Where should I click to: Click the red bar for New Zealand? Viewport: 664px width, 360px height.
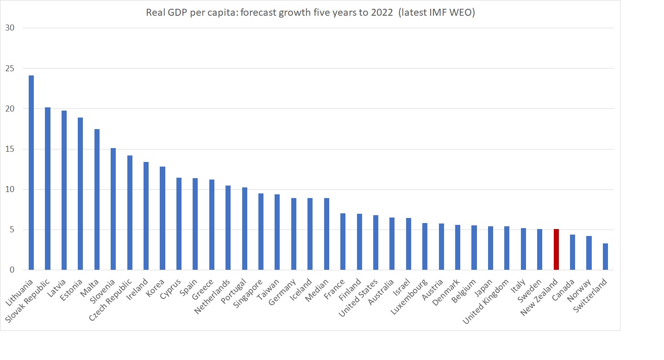pyautogui.click(x=556, y=249)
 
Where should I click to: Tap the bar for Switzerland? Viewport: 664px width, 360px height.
pyautogui.click(x=605, y=257)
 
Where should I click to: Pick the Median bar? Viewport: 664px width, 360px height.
pyautogui.click(x=326, y=234)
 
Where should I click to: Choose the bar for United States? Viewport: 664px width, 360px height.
pyautogui.click(x=376, y=242)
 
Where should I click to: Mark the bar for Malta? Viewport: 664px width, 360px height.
pyautogui.click(x=97, y=199)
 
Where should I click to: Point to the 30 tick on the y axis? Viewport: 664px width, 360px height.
pyautogui.click(x=10, y=28)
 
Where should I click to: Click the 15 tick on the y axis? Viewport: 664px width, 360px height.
pyautogui.click(x=10, y=149)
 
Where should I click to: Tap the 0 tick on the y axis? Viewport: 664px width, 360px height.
pyautogui.click(x=12, y=270)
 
